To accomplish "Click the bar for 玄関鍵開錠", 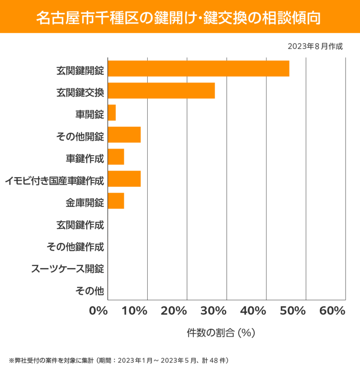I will [x=198, y=68].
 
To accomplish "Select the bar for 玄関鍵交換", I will [x=161, y=91].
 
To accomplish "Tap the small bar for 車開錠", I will [x=112, y=113].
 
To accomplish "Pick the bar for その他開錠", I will [x=124, y=135].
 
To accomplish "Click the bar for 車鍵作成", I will [x=116, y=157].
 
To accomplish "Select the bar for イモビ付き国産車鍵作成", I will [x=124, y=179].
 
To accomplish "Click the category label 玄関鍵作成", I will [x=80, y=225].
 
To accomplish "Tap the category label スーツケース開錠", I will [x=68, y=268].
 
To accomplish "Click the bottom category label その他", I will [x=89, y=290].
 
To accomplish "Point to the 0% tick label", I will [x=99, y=311].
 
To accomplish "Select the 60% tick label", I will [x=332, y=311].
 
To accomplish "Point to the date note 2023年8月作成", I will [x=315, y=46].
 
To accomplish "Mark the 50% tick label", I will [x=292, y=311].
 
